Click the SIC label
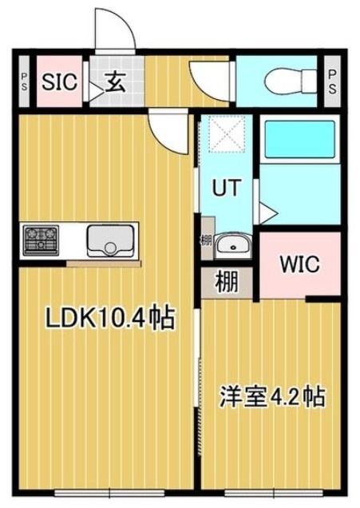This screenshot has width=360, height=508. click(x=60, y=81)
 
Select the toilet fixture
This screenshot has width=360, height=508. click(x=290, y=81)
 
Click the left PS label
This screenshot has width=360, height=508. click(x=24, y=81)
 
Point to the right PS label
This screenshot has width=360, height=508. click(x=332, y=81)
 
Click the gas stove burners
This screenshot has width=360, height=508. click(x=41, y=240)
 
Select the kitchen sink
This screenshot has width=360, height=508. click(x=110, y=240)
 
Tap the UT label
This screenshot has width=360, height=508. click(x=227, y=188)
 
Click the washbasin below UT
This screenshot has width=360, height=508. click(x=233, y=245)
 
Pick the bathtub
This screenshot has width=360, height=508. click(x=300, y=140)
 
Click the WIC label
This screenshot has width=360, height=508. click(x=300, y=264)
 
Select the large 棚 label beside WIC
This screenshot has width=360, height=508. click(x=227, y=282)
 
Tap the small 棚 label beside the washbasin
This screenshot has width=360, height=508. click(x=206, y=240)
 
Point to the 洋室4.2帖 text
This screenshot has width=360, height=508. click(x=272, y=396)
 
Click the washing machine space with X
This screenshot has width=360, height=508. click(x=226, y=134)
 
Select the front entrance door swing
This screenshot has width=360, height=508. click(x=115, y=30)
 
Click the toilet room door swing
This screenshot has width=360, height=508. click(x=211, y=81)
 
